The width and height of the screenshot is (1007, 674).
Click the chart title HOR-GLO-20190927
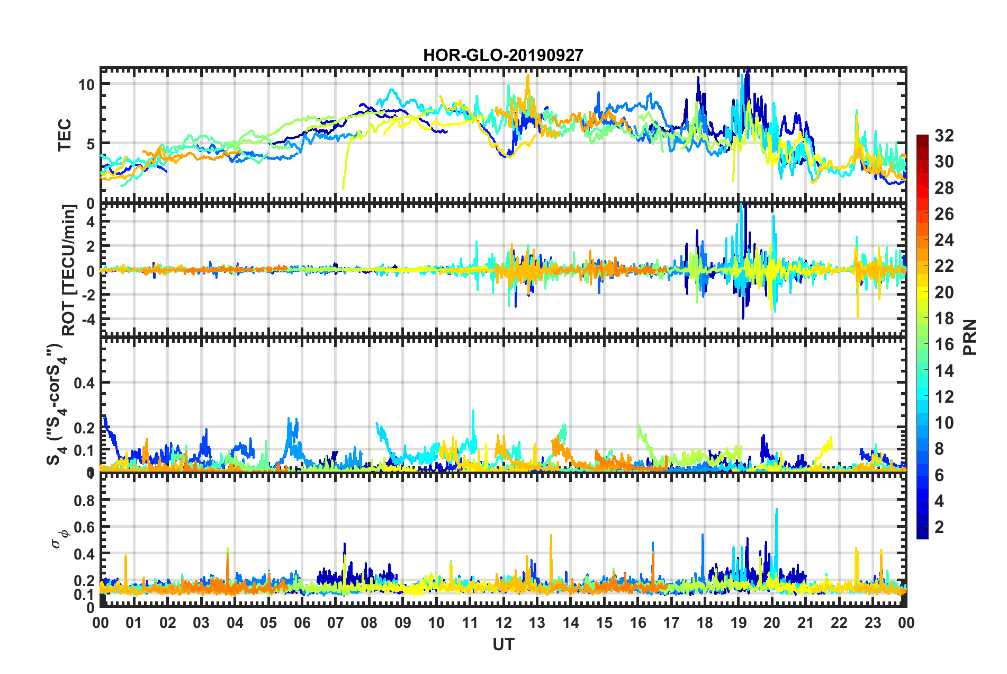[x=503, y=55]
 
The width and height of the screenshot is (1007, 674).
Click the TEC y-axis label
[x=65, y=135]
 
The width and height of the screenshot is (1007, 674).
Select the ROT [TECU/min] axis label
[x=69, y=270]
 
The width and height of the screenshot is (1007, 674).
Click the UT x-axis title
[x=503, y=644]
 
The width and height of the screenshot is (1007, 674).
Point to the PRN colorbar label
[x=970, y=337]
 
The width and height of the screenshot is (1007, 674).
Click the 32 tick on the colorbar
[x=944, y=136]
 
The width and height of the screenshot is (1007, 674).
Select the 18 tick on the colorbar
[x=944, y=318]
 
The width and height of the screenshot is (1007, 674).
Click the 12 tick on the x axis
[x=504, y=623]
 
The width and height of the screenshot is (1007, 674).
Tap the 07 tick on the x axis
[x=336, y=623]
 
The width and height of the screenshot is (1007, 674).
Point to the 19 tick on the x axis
[x=739, y=623]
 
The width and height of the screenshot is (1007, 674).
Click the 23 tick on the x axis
[x=873, y=623]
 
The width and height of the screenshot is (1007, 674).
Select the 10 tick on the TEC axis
[x=86, y=84]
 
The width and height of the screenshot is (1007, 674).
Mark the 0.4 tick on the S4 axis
[x=84, y=383]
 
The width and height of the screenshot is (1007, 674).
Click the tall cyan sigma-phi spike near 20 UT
[x=776, y=510]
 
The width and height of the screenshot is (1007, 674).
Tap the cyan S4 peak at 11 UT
[x=473, y=412]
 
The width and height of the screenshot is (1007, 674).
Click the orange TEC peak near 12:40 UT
[x=527, y=76]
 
